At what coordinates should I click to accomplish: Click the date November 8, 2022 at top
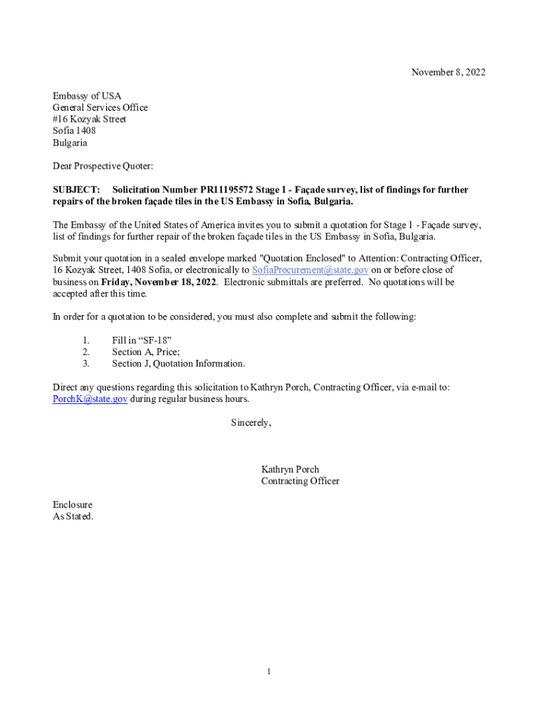[x=448, y=73]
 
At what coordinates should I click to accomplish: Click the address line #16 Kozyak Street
[x=90, y=119]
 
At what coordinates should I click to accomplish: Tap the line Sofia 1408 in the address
[x=74, y=131]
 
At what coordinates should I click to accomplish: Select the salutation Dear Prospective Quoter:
[x=103, y=166]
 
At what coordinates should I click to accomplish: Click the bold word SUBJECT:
[x=76, y=190]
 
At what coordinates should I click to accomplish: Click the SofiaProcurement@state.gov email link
[x=310, y=270]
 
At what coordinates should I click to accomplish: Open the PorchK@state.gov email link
[x=90, y=399]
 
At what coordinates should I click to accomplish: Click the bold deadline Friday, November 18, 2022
[x=159, y=282]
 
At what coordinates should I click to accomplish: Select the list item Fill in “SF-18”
[x=141, y=340]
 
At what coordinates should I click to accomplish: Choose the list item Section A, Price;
[x=146, y=352]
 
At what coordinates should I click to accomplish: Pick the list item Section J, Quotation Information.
[x=178, y=364]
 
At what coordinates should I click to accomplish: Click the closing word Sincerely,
[x=251, y=423]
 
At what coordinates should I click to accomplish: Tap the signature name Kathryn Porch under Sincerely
[x=290, y=470]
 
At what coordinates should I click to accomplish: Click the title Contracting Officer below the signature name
[x=300, y=482]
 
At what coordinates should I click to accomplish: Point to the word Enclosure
[x=72, y=505]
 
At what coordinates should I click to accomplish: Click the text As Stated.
[x=73, y=517]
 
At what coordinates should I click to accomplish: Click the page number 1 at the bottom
[x=268, y=672]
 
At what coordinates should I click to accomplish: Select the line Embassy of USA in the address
[x=87, y=96]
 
